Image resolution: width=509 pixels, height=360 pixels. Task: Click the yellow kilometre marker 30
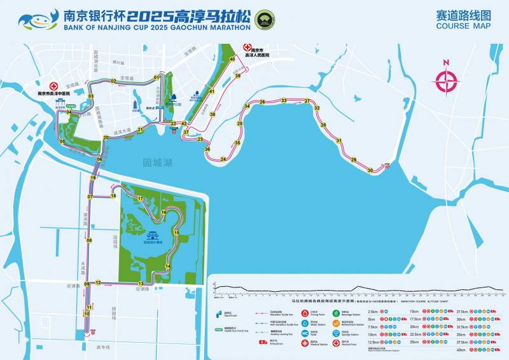[x=370, y=170]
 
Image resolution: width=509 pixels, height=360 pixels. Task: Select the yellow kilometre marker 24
[x=223, y=159]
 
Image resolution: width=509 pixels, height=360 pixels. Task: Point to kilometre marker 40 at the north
[x=232, y=59]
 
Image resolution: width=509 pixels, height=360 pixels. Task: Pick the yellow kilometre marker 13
[x=141, y=283]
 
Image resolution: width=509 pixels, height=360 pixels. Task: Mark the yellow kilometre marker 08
[x=89, y=240]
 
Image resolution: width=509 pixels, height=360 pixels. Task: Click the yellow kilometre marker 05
[x=62, y=141]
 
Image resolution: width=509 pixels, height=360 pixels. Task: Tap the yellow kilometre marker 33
[x=284, y=100]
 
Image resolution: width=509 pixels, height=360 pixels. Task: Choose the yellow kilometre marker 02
[x=113, y=81]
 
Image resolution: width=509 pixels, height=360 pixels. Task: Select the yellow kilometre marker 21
[x=141, y=130]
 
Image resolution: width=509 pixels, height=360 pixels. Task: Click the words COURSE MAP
[x=463, y=26]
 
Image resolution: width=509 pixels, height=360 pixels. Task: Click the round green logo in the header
[x=263, y=19]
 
